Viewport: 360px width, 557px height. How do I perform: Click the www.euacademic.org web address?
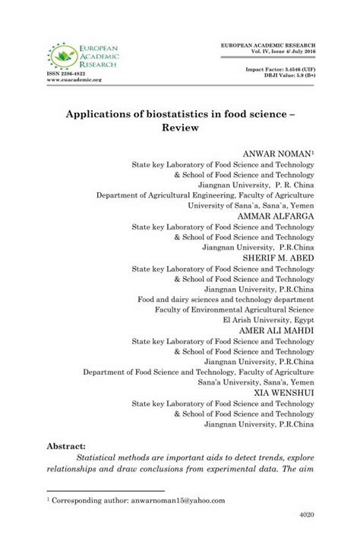(x=74, y=80)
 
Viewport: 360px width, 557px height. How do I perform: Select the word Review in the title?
(x=179, y=128)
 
